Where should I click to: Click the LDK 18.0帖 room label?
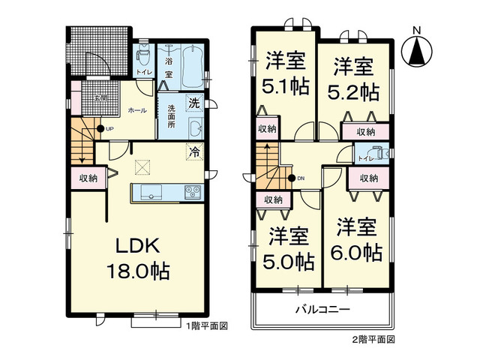(141, 258)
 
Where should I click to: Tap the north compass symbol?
(416, 49)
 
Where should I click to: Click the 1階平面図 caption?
(207, 325)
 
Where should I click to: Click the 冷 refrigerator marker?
(195, 151)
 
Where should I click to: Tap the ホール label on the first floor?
(137, 110)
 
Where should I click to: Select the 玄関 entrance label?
(98, 98)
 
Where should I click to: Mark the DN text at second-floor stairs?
(301, 178)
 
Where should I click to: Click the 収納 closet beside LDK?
(87, 178)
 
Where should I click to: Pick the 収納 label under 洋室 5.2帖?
(366, 132)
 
